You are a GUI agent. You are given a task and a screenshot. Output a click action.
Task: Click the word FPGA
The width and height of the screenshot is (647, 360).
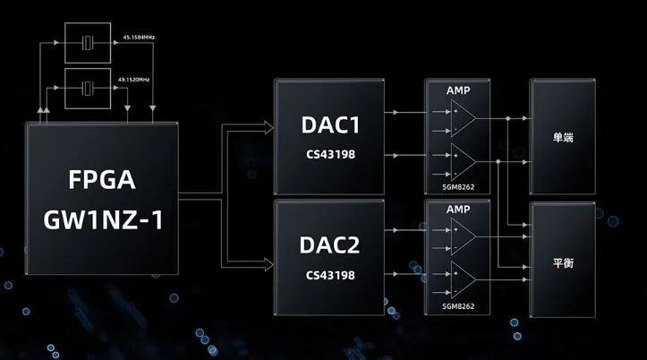[x=102, y=180]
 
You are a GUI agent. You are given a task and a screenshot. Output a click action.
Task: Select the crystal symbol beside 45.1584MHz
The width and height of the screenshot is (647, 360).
[x=87, y=41]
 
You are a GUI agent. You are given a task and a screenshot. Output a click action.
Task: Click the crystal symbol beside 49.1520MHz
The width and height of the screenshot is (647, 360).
[x=87, y=88]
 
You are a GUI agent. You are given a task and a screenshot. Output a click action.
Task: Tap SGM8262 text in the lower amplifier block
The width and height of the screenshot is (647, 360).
[x=457, y=306]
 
